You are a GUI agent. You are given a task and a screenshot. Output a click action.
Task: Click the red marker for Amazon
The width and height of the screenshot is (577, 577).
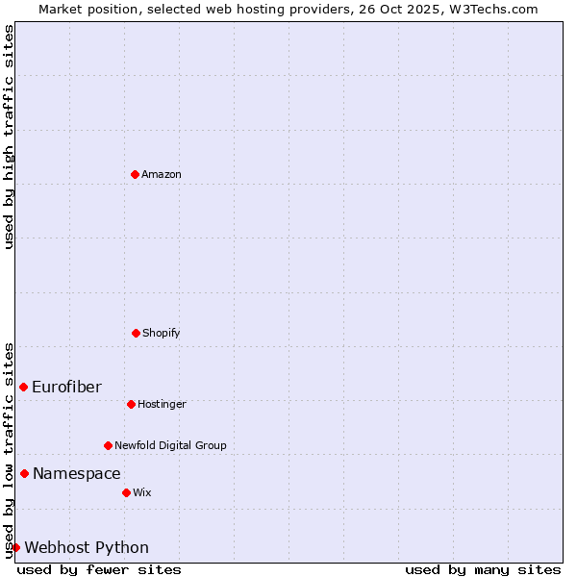coord(135,174)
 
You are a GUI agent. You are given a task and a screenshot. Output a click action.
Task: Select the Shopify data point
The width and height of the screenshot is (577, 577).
coord(136,333)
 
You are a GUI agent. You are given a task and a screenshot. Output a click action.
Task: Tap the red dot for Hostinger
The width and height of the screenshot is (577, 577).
coord(131,404)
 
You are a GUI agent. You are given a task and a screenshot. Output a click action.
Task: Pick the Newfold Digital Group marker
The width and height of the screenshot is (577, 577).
coord(108,445)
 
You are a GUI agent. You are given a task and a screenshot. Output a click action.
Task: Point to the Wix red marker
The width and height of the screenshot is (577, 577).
coord(126,492)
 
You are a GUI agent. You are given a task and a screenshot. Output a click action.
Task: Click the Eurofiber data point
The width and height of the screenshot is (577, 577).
coord(23,387)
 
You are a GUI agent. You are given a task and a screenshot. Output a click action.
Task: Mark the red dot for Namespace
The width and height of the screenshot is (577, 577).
coord(24,473)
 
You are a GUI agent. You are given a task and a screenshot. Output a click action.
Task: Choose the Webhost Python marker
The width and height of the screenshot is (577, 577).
coord(15,547)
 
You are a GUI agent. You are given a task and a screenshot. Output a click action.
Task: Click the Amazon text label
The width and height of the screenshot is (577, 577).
coord(162,174)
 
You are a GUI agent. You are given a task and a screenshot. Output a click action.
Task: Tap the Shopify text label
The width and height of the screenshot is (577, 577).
coord(162,333)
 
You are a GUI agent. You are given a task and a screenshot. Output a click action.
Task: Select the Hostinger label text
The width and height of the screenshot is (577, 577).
coord(162,404)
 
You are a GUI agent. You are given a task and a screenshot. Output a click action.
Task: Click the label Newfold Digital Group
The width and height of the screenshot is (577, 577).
coord(170,445)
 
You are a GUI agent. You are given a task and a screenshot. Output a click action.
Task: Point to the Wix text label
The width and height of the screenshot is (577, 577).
coord(142,492)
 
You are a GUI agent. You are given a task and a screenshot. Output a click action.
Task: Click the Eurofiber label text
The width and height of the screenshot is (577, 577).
coord(66,387)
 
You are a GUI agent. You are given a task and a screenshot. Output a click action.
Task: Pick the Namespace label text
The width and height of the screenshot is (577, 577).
coord(77,473)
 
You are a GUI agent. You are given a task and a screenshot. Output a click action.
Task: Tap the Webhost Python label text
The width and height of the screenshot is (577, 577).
coord(87,547)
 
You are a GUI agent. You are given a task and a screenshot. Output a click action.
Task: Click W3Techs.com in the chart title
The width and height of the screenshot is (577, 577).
coord(497,9)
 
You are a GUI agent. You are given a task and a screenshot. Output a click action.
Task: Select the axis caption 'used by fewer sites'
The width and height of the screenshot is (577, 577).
coord(99,569)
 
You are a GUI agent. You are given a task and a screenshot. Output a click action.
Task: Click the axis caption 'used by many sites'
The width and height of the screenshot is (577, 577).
coord(483,569)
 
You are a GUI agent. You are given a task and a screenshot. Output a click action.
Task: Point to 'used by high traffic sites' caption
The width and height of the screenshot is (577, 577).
coord(9,137)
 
